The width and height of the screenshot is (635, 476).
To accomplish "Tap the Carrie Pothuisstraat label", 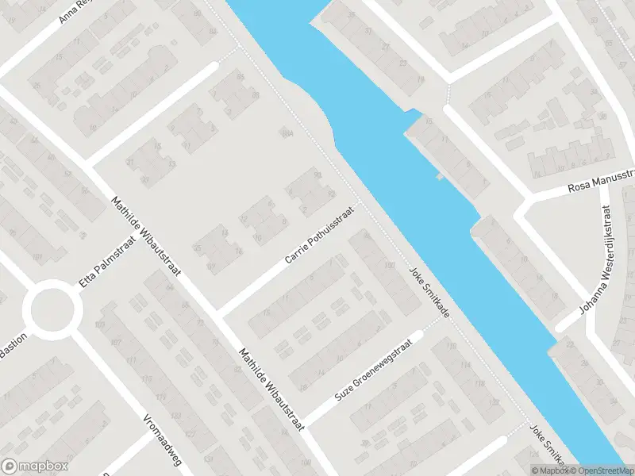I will (x=316, y=239).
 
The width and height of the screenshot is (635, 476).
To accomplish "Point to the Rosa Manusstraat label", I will (x=602, y=182).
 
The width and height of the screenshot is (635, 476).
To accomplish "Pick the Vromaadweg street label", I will (x=159, y=437).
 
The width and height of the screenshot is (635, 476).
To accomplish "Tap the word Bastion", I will (x=13, y=346).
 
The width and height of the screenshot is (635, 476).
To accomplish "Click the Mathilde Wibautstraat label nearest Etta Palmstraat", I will (x=148, y=238).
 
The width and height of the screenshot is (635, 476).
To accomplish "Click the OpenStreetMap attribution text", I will (x=602, y=470).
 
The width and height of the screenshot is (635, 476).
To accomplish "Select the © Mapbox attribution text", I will (x=548, y=470).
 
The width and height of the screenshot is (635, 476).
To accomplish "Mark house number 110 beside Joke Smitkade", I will (x=389, y=264).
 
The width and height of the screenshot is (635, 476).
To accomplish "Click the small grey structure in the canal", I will (x=440, y=177).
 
